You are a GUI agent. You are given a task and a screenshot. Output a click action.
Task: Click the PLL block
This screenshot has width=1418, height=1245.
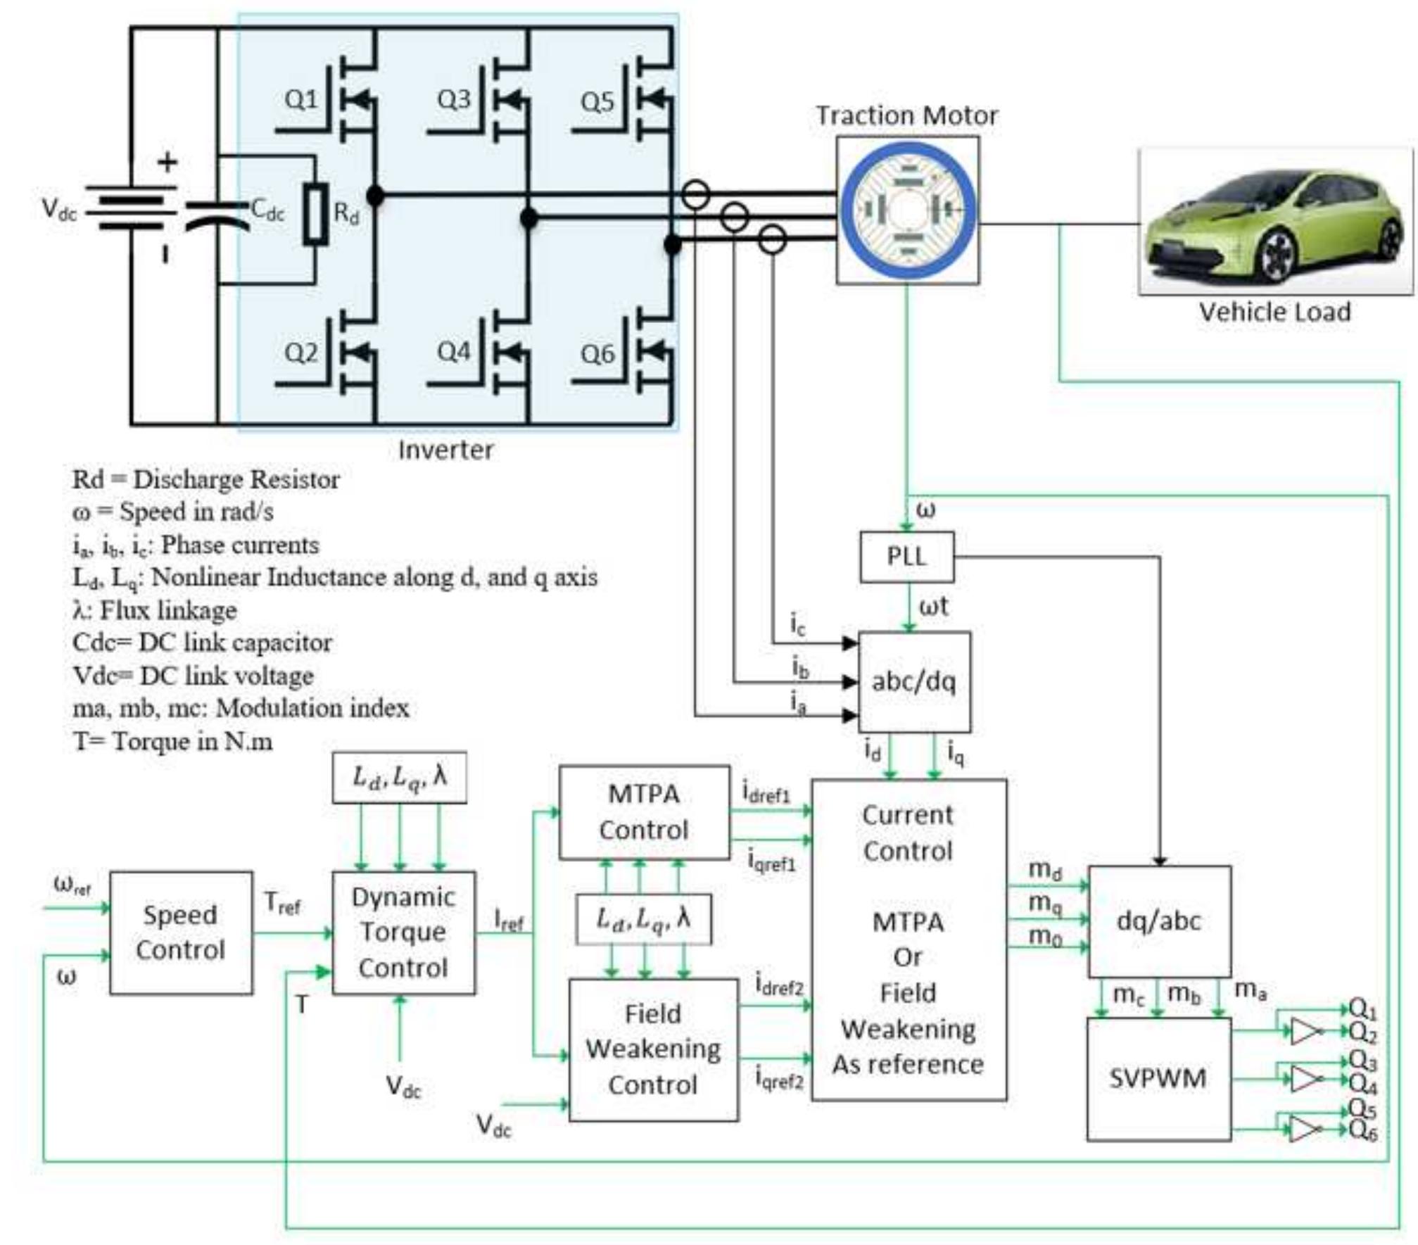tap(906, 557)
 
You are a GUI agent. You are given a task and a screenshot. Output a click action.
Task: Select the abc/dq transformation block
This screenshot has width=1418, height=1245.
tap(913, 681)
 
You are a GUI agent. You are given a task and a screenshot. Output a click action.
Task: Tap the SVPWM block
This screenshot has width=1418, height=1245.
tap(1158, 1078)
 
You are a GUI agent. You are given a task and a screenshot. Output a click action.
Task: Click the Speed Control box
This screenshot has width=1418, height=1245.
tap(181, 933)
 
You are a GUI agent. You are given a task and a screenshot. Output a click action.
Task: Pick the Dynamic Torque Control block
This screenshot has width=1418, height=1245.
tap(403, 933)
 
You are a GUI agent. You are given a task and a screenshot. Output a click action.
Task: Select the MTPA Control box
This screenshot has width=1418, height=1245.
tap(644, 812)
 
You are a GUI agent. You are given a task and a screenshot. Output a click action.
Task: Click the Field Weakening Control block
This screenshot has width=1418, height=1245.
tap(653, 1049)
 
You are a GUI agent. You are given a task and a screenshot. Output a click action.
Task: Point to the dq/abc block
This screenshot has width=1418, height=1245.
tap(1159, 921)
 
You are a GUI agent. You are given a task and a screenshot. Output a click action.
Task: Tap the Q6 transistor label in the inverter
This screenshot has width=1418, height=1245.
tap(597, 353)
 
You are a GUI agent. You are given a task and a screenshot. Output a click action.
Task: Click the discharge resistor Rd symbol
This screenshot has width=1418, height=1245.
tap(316, 215)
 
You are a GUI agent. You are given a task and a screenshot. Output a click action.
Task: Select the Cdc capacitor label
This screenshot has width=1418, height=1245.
tap(267, 210)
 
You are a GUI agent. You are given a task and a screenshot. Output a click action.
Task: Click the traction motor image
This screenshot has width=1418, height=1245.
tap(907, 210)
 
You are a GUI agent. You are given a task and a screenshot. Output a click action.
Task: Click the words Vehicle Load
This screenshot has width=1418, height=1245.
tap(1274, 312)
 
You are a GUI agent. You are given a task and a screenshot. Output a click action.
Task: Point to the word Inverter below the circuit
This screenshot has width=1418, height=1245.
tap(445, 450)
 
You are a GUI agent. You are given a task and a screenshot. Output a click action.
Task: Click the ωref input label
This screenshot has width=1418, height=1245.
tap(72, 885)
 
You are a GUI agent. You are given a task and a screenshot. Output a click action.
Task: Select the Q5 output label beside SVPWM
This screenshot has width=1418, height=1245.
tap(1362, 1109)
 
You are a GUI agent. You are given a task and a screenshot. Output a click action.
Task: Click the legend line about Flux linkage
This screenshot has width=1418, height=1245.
tap(155, 610)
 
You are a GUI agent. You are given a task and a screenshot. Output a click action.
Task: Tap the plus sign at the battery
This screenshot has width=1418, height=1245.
tap(167, 163)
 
